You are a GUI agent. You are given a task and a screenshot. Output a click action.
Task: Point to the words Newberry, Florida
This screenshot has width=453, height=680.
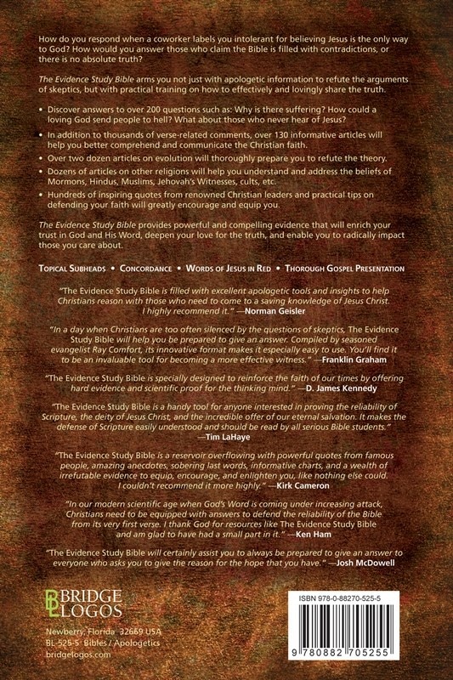coord(81,635)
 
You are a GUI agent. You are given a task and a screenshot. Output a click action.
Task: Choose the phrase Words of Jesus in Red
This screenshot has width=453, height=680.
coord(232,269)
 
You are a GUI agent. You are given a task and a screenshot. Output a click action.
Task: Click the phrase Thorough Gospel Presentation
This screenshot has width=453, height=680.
coord(344,269)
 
